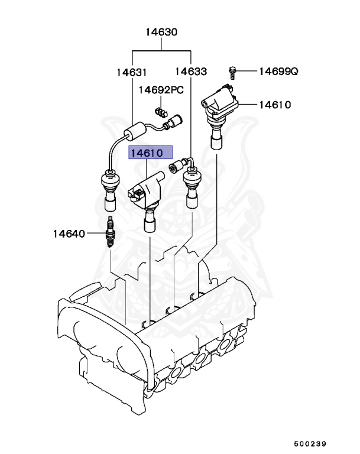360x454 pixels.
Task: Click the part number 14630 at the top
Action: [161, 33]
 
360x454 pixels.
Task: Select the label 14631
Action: [131, 72]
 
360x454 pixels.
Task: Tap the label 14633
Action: [191, 72]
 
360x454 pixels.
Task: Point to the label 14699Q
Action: [278, 72]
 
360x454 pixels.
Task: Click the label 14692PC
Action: [161, 90]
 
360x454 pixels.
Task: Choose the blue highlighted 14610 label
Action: [151, 153]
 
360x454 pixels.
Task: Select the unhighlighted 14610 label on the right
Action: [274, 105]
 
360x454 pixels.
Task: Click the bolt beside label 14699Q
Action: [233, 72]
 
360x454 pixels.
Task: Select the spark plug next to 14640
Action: [109, 234]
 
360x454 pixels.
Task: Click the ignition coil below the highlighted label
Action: [146, 198]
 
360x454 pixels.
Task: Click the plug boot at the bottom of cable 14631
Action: [109, 189]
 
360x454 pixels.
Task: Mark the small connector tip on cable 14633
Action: [176, 167]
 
